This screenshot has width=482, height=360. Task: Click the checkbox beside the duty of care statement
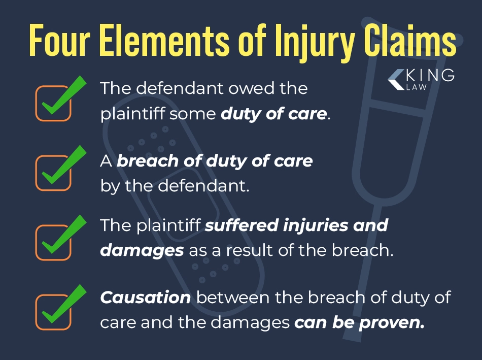pyautogui.click(x=53, y=103)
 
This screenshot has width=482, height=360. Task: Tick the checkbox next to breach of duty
pyautogui.click(x=53, y=173)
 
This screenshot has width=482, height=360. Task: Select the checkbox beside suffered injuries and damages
pyautogui.click(x=53, y=242)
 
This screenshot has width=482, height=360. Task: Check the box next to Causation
pyautogui.click(x=53, y=311)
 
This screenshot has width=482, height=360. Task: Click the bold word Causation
pyautogui.click(x=146, y=298)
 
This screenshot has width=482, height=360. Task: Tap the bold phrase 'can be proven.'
pyautogui.click(x=360, y=322)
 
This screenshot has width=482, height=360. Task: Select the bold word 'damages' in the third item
pyautogui.click(x=142, y=251)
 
